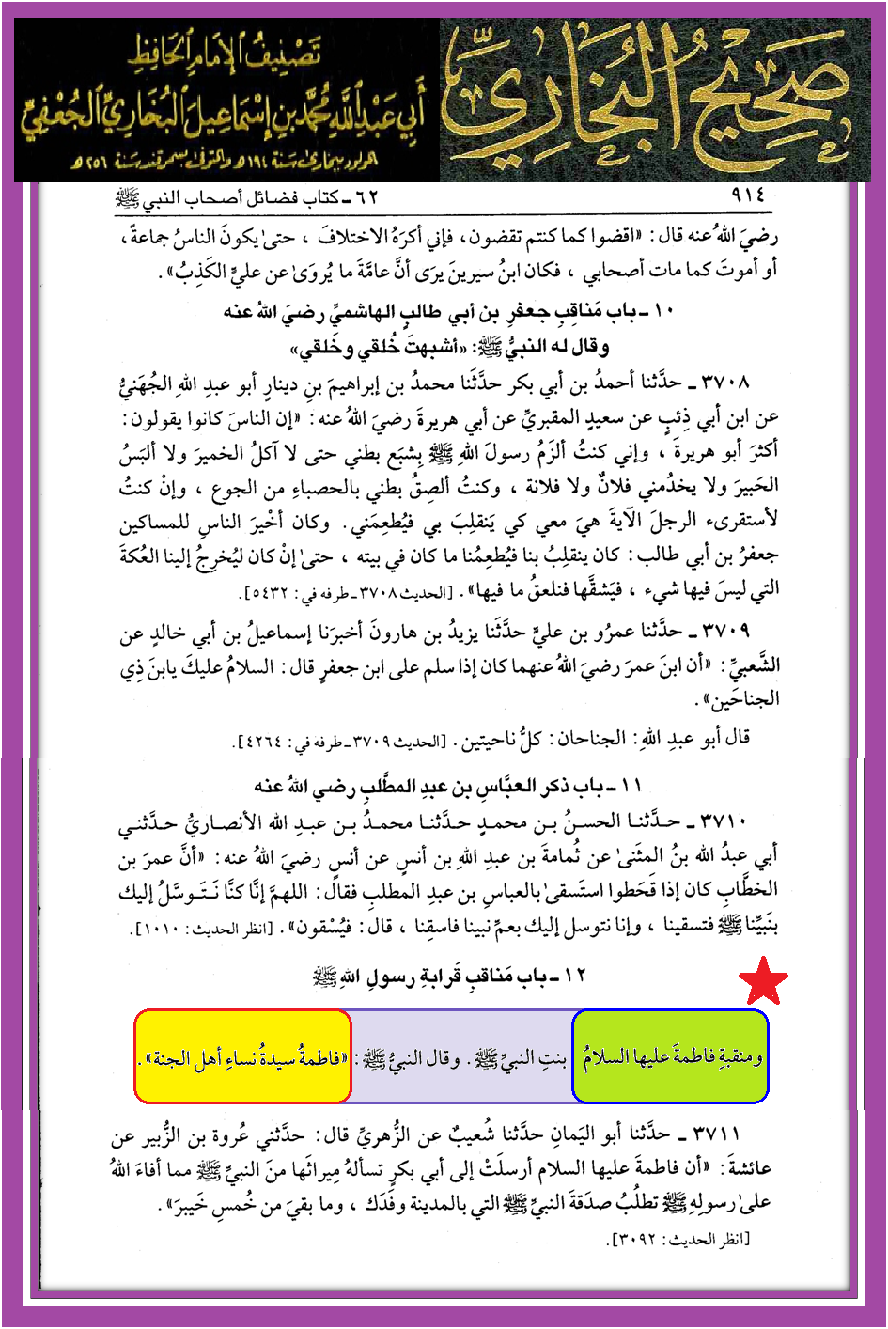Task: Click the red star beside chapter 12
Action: click(x=763, y=982)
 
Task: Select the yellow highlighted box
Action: click(x=243, y=1056)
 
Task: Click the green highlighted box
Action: click(x=670, y=1056)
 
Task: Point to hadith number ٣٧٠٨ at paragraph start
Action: click(x=725, y=382)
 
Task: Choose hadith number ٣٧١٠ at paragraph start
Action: click(x=724, y=821)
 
